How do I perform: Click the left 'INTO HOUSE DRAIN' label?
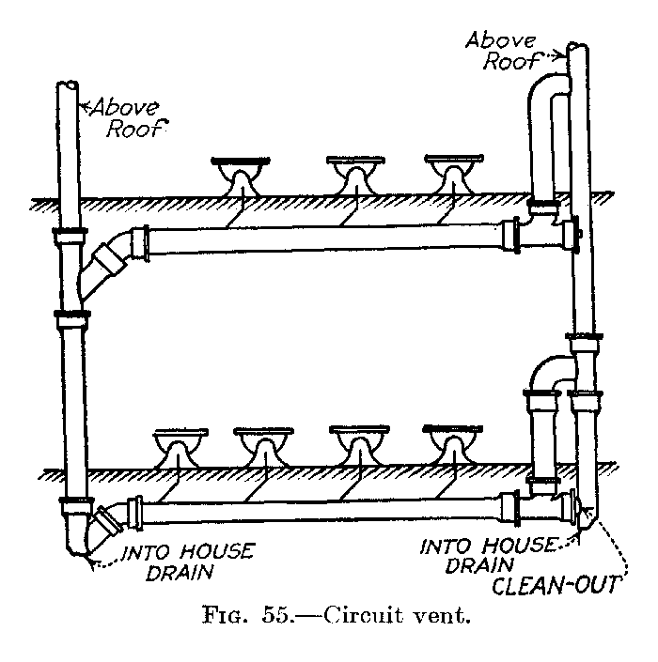pos(187,560)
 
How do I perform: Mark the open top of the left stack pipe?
pos(68,86)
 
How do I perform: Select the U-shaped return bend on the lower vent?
pos(549,369)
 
